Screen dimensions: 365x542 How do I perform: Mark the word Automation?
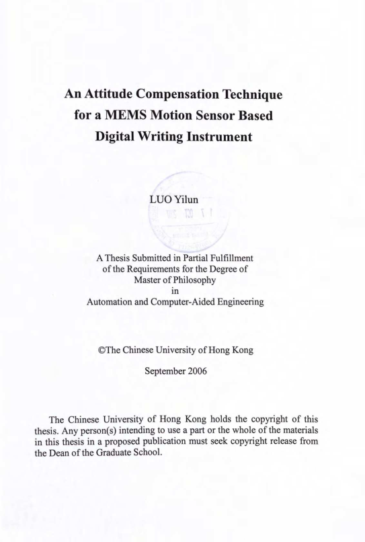114,303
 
